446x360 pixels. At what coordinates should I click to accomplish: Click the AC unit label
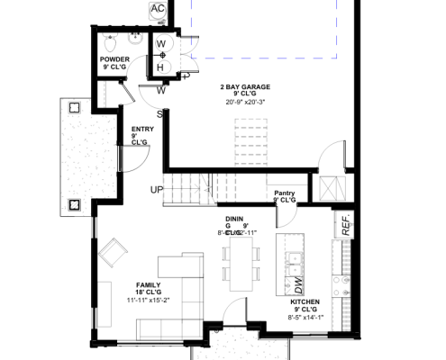[158, 9]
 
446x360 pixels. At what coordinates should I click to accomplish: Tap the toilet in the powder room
[109, 44]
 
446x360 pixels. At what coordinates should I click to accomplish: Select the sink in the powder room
[135, 40]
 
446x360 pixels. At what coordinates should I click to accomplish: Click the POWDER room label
[116, 59]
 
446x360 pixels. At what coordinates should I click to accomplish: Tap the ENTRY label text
[142, 129]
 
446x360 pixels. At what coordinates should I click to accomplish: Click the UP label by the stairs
[157, 189]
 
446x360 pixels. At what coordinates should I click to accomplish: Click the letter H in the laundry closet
[159, 67]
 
